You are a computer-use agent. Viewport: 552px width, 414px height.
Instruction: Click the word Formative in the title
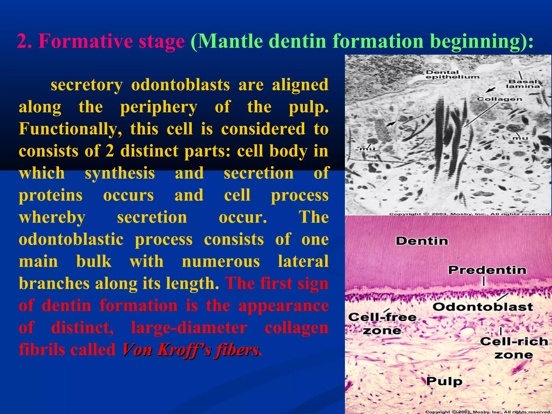coord(86,41)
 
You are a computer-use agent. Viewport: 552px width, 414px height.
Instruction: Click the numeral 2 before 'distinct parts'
coord(110,151)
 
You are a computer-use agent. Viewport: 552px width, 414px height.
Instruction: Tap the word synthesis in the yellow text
coord(120,173)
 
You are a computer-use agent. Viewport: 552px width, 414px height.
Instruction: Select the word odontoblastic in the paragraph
coord(71,239)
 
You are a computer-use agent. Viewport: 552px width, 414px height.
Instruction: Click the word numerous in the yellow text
coord(221,261)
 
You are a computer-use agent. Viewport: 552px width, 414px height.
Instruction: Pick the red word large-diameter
coord(189,328)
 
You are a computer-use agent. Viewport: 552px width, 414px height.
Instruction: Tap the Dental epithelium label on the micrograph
coord(453,74)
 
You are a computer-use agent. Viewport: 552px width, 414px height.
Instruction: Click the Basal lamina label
coord(523,84)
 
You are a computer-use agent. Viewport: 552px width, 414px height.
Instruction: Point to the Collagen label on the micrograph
coord(499,99)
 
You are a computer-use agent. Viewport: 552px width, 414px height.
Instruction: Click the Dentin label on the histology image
coord(422,241)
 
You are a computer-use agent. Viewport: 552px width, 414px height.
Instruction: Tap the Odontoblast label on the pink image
coord(483,307)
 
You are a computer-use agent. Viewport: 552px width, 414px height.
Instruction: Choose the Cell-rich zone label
coord(514,348)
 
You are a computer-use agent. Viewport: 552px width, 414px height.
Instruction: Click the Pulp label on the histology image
coord(444,381)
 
